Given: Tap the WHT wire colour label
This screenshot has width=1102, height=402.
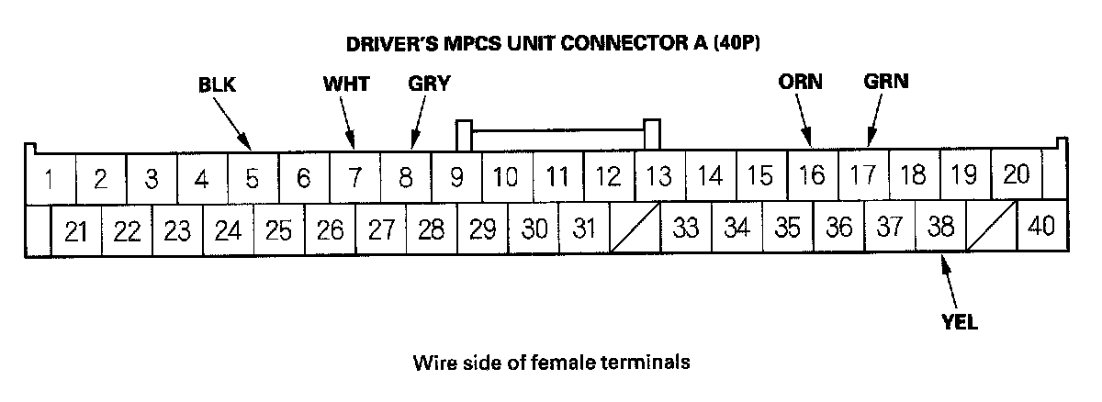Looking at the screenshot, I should tap(345, 84).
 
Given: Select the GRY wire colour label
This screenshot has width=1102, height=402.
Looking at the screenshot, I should tap(429, 84).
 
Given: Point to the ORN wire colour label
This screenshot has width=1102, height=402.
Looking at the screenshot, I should tap(799, 81).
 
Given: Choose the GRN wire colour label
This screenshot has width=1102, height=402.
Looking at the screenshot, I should tap(886, 81).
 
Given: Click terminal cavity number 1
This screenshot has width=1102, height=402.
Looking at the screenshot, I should tap(47, 177).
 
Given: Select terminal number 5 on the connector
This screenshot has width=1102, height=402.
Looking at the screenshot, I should tap(253, 177).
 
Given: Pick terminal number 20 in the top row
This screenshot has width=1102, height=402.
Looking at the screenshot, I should tap(1016, 173).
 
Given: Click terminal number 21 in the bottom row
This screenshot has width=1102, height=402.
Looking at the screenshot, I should tap(76, 229).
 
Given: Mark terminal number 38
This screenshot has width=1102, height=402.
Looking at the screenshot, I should tap(940, 226).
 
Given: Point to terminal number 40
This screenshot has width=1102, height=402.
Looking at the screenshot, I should tap(1041, 226).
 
